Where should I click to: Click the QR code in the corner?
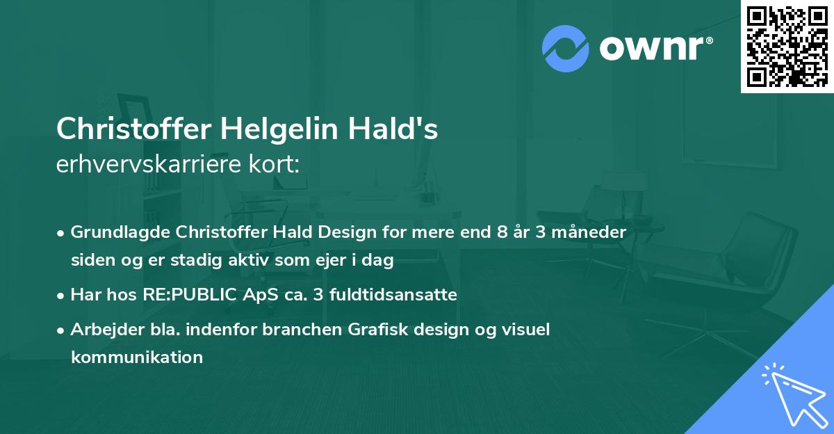[787, 47]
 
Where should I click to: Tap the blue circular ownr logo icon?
[566, 47]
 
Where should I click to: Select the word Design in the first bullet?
[355, 232]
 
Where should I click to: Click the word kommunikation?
[137, 357]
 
